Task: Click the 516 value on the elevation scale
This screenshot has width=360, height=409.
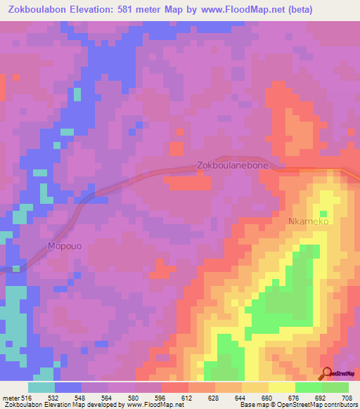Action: [27, 397]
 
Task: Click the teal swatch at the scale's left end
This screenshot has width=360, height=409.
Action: [41, 387]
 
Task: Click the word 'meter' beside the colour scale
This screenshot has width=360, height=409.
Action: [10, 397]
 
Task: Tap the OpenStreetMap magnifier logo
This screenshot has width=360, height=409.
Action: [326, 373]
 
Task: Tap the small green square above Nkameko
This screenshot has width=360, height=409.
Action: [324, 214]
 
